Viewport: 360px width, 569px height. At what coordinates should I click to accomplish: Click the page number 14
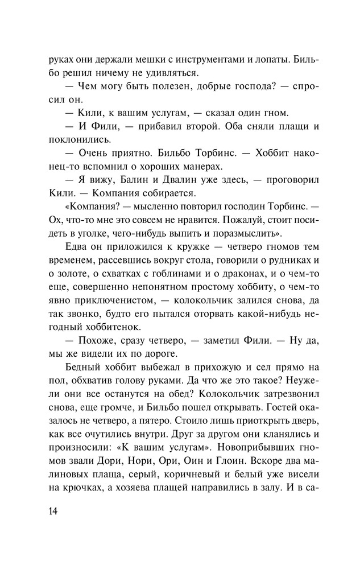pyautogui.click(x=54, y=510)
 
